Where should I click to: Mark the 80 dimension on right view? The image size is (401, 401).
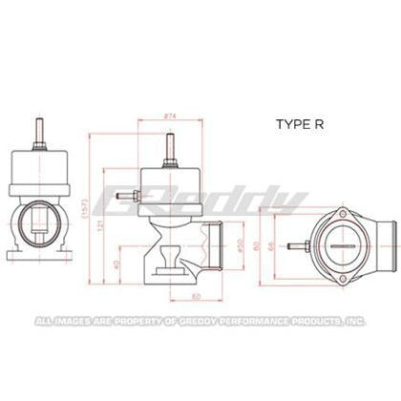click(259, 245)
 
